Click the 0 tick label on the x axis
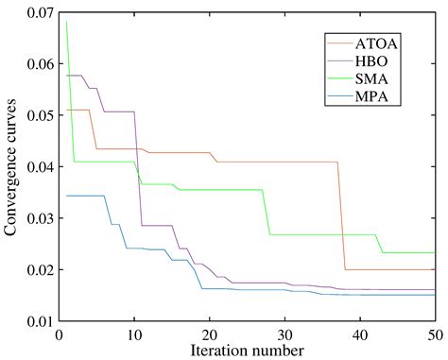coord(60,334)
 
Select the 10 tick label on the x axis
coord(134,334)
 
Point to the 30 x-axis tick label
coord(284,334)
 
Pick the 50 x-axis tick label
coord(435,334)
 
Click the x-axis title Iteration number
coord(246,351)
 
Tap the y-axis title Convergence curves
coord(12,166)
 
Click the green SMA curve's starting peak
coord(66,21)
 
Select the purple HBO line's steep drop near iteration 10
coord(138,170)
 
